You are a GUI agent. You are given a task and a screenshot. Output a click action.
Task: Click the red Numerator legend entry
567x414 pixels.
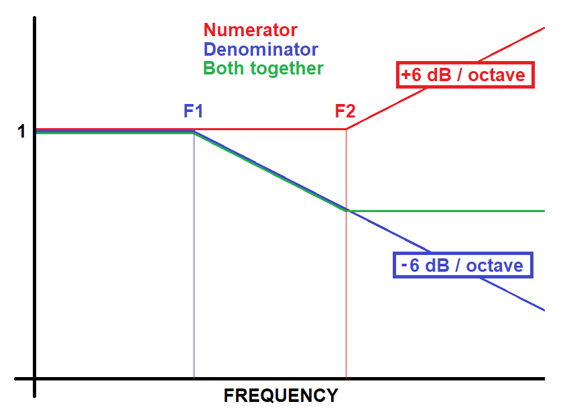[x=250, y=30]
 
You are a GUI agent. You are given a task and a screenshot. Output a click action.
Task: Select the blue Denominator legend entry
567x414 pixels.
[x=261, y=49]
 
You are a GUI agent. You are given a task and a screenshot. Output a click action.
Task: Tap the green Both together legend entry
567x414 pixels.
[x=263, y=68]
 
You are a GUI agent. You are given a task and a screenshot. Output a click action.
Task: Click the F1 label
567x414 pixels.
[x=194, y=111]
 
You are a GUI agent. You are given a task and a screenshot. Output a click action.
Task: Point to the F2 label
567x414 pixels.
[x=345, y=111]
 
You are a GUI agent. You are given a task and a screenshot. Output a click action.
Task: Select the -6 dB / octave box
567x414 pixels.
[x=462, y=265]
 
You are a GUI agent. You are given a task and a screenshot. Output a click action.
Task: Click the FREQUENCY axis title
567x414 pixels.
[x=281, y=396]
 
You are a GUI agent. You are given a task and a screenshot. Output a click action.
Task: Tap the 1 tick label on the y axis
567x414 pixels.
[x=21, y=132]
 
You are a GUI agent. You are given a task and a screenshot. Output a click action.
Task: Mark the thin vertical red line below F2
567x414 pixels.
[x=346, y=295]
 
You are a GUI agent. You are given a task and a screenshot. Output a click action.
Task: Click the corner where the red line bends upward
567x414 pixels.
[x=346, y=129]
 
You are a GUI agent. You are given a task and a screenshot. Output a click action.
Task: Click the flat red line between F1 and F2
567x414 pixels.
[x=268, y=129]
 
